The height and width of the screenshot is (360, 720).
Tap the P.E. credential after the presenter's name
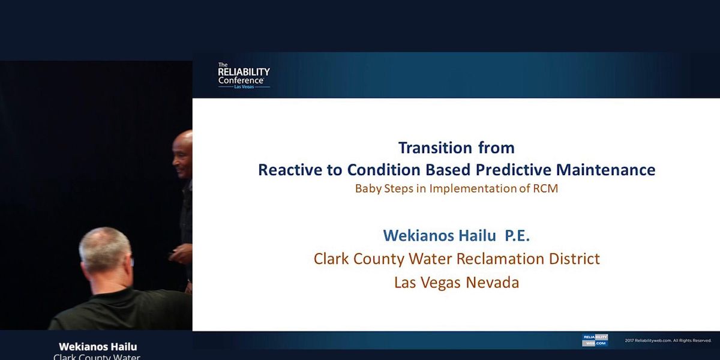[x=517, y=235]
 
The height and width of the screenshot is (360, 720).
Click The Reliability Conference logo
[x=243, y=76]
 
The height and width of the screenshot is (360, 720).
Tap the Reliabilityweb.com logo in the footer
[x=595, y=340]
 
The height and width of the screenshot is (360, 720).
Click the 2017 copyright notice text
[x=668, y=340]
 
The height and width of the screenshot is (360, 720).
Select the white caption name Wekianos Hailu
[x=98, y=347]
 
